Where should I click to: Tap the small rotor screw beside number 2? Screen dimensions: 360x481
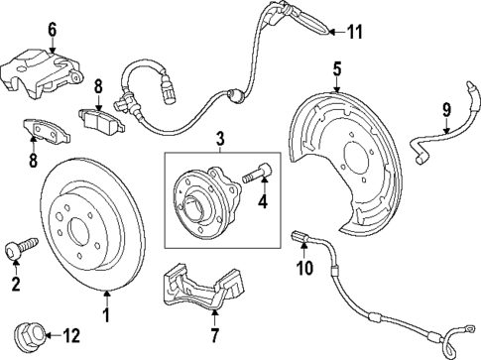pyautogui.click(x=20, y=244)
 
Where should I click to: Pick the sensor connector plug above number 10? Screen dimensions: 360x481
pyautogui.click(x=301, y=237)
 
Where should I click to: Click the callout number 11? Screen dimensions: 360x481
pyautogui.click(x=355, y=32)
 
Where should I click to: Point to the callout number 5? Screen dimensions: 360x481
pyautogui.click(x=336, y=68)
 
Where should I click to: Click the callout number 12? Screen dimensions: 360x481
pyautogui.click(x=70, y=334)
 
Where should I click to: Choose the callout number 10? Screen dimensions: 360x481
pyautogui.click(x=305, y=267)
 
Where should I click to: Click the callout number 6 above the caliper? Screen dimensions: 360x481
pyautogui.click(x=53, y=31)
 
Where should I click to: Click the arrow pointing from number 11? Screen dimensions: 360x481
pyautogui.click(x=334, y=32)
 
